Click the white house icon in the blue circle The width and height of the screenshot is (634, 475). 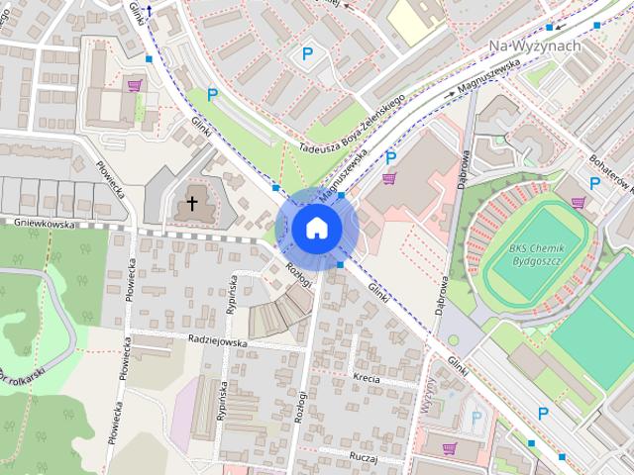(x=316, y=228)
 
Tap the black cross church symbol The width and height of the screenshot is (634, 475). (x=192, y=205)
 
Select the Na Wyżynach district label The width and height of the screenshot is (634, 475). (x=535, y=47)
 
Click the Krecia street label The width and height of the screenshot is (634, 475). (x=366, y=378)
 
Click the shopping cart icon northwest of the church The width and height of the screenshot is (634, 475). (x=134, y=86)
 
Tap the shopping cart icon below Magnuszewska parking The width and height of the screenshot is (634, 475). (x=389, y=179)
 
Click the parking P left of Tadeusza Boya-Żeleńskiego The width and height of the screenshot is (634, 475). (x=212, y=95)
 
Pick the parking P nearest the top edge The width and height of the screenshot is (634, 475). (x=307, y=54)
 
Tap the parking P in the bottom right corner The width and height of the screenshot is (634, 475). (x=543, y=413)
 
